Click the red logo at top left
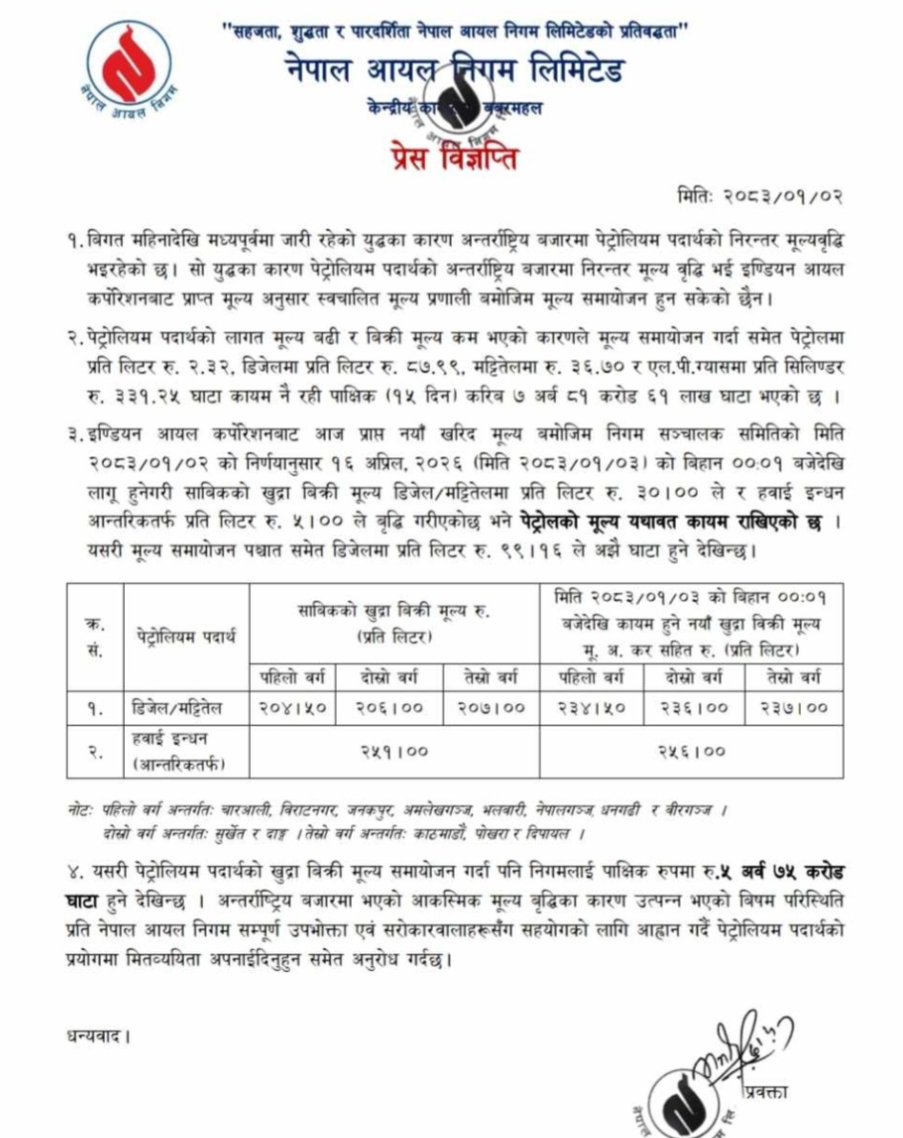click(x=130, y=72)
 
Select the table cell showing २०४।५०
click(x=292, y=708)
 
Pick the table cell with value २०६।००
click(x=388, y=708)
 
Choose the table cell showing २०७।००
click(x=492, y=708)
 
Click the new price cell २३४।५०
click(x=589, y=708)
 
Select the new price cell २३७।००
click(x=794, y=708)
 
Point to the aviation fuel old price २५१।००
click(x=395, y=752)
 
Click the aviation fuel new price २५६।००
click(x=691, y=752)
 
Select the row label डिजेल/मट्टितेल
click(x=176, y=708)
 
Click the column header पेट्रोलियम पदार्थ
click(x=186, y=634)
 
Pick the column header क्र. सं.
click(x=95, y=634)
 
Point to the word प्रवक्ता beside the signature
click(x=769, y=1092)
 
